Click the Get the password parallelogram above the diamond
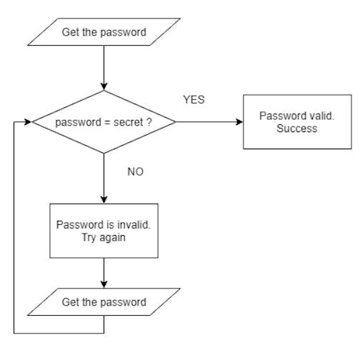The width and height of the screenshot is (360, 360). pos(104,32)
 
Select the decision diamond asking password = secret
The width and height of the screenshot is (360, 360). pos(104,122)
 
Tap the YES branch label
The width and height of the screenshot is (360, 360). pos(193,100)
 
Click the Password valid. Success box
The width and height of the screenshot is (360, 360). pos(296,122)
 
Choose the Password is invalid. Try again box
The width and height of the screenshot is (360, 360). pos(104,230)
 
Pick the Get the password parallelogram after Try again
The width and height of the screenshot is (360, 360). pos(104,302)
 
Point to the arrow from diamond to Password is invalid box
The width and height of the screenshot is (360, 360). pos(104,179)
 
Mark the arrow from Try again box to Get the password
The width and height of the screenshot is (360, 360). pos(104,272)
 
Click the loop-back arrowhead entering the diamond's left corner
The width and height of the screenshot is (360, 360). pos(29,122)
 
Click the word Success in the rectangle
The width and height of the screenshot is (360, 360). pos(296,129)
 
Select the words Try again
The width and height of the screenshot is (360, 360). pos(104,236)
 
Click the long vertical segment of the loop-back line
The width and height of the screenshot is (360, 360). pos(14,229)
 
